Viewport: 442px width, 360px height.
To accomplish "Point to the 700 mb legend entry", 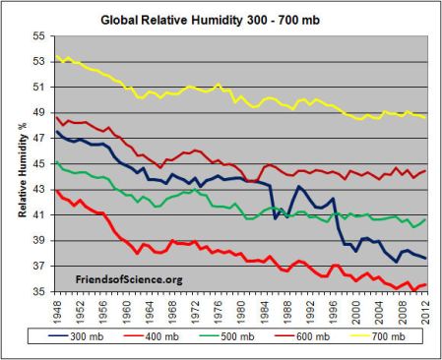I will [384, 336].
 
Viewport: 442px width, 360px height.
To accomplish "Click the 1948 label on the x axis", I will [57, 309].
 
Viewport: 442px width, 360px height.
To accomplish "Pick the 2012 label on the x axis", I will [424, 309].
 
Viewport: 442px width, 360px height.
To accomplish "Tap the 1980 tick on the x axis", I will [241, 309].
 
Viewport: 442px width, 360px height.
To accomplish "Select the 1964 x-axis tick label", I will [150, 309].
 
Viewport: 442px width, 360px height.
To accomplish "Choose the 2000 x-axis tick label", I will [356, 309].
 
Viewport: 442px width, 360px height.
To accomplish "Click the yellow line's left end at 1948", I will [57, 56].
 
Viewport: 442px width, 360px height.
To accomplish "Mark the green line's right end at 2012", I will [424, 219].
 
